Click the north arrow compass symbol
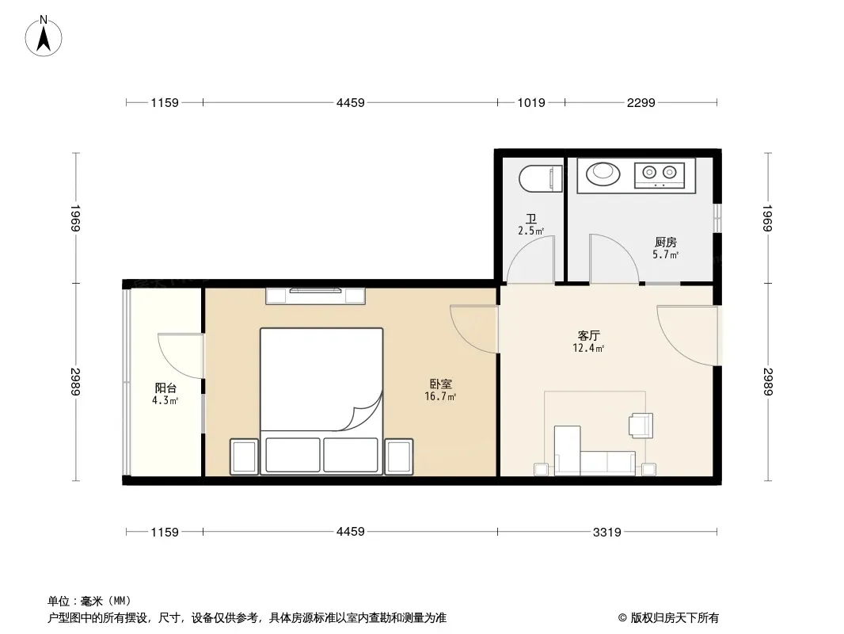pos(44,36)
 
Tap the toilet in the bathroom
pos(541,178)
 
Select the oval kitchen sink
pos(603,174)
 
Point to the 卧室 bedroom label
pos(441,384)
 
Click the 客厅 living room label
pos(588,335)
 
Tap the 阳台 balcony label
pos(165,388)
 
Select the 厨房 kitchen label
pos(665,243)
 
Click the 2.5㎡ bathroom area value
pos(530,231)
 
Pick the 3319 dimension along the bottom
pos(607,533)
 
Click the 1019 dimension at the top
pos(531,102)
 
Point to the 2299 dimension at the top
pos(641,102)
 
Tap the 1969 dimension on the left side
pos(75,218)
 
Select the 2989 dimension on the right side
pos(768,381)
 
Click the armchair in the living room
pos(641,424)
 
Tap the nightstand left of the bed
pos(245,456)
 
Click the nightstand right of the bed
pos(399,456)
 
